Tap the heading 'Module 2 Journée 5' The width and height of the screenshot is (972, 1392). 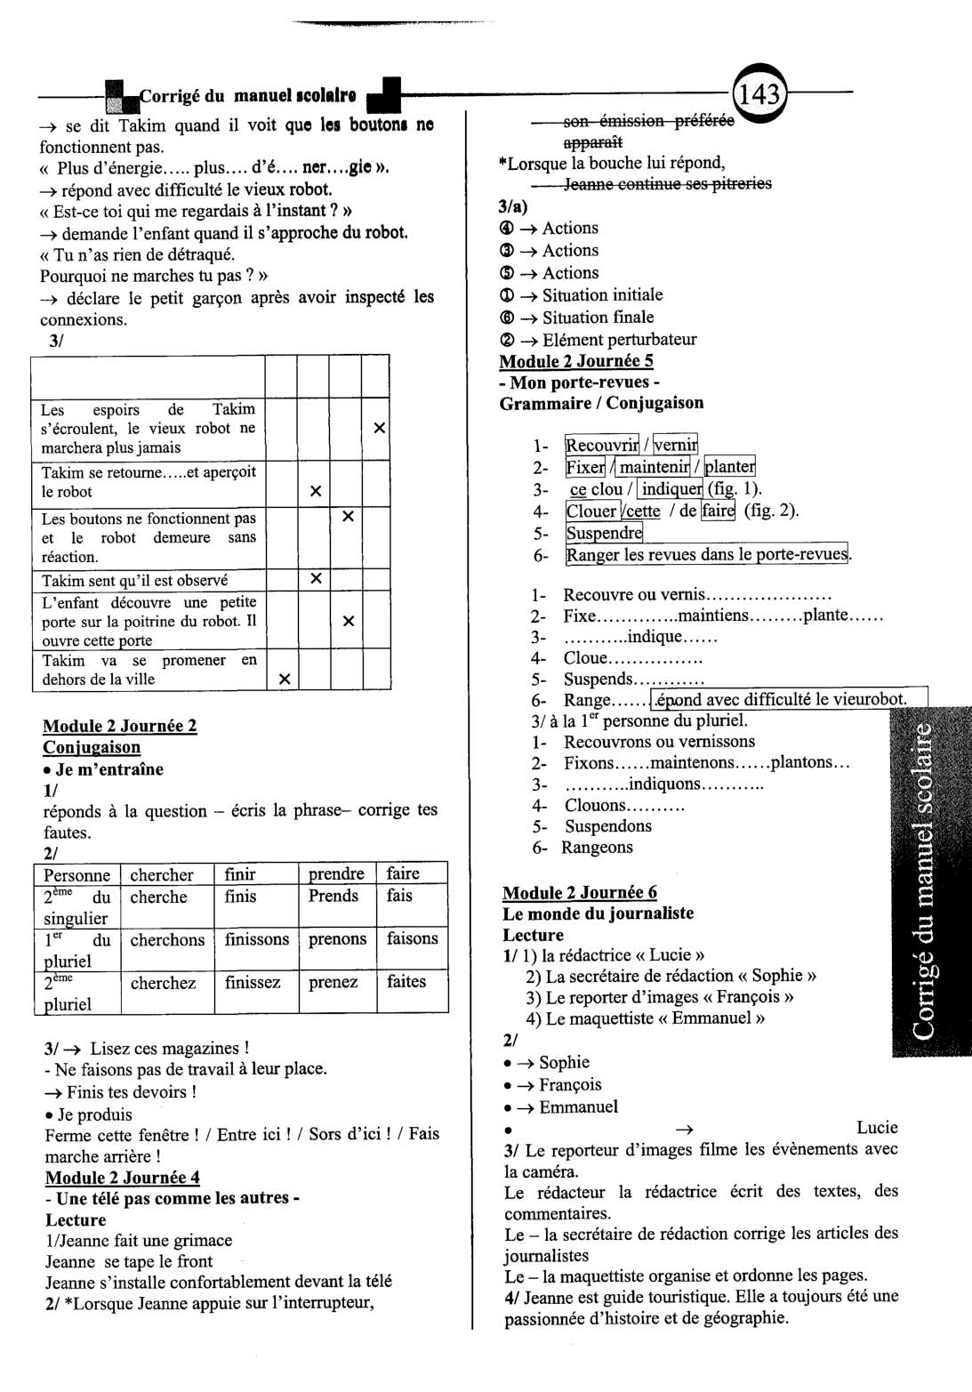pyautogui.click(x=576, y=361)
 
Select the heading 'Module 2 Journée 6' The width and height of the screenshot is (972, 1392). pyautogui.click(x=580, y=892)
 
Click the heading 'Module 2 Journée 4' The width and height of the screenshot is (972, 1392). pyautogui.click(x=123, y=1178)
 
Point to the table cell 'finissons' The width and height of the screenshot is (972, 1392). pyautogui.click(x=256, y=939)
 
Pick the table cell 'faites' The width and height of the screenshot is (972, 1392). pyautogui.click(x=406, y=982)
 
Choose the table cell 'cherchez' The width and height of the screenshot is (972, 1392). pyautogui.click(x=163, y=983)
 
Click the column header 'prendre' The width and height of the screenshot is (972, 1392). pyautogui.click(x=336, y=874)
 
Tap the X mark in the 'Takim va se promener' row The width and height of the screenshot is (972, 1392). pyautogui.click(x=284, y=680)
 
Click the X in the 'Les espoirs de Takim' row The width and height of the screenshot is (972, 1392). pyautogui.click(x=379, y=428)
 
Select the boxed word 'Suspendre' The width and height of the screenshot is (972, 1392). pyautogui.click(x=604, y=534)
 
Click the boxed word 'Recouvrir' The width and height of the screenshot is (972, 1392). pyautogui.click(x=602, y=445)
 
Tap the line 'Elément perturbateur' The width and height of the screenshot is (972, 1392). pyautogui.click(x=620, y=340)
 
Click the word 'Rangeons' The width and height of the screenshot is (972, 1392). pyautogui.click(x=598, y=848)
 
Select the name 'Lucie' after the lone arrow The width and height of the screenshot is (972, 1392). pyautogui.click(x=877, y=1128)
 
